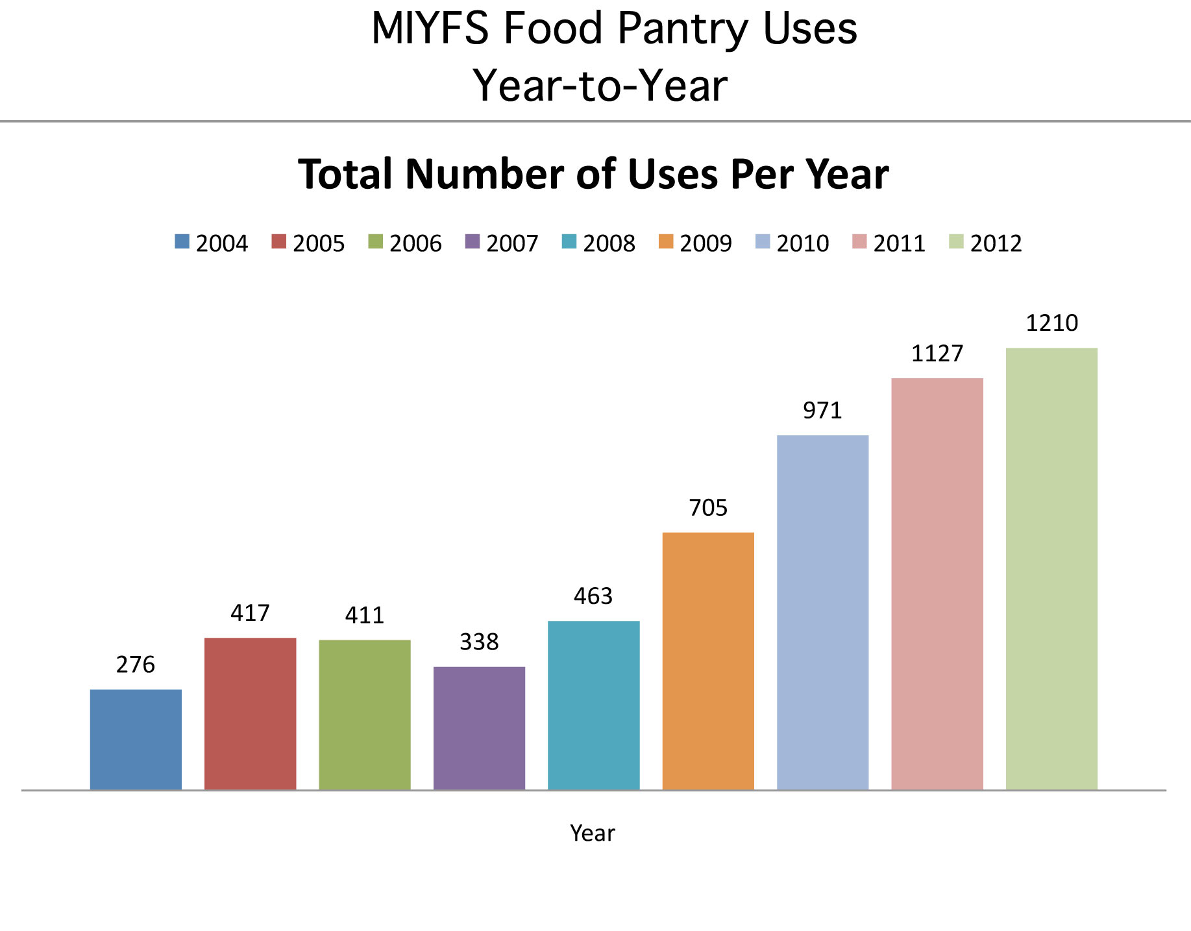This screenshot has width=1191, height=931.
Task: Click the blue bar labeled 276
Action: [x=136, y=739]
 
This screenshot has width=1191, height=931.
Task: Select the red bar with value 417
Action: [x=250, y=713]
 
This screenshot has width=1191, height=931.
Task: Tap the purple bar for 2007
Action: [x=479, y=727]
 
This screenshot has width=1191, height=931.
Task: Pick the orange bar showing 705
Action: [x=708, y=660]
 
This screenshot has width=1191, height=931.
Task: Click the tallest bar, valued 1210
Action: [x=1051, y=568]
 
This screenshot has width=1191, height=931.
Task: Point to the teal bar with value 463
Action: [x=593, y=705]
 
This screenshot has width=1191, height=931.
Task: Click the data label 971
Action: [x=822, y=411]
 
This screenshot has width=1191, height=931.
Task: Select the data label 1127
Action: [x=937, y=354]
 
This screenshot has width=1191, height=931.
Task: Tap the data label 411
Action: [x=364, y=615]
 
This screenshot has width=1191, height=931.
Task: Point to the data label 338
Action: [x=479, y=642]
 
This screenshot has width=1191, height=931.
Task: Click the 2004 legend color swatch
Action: [x=182, y=242]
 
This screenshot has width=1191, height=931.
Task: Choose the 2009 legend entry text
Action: [x=706, y=243]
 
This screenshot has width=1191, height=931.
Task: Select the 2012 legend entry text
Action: [x=996, y=243]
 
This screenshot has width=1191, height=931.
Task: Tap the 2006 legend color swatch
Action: [x=375, y=242]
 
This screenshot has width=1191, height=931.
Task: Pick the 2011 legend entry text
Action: [x=899, y=243]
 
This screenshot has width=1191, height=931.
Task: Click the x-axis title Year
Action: [x=592, y=833]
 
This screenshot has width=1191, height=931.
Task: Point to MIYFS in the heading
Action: [x=429, y=29]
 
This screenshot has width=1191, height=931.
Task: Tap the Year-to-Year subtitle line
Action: [x=600, y=86]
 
